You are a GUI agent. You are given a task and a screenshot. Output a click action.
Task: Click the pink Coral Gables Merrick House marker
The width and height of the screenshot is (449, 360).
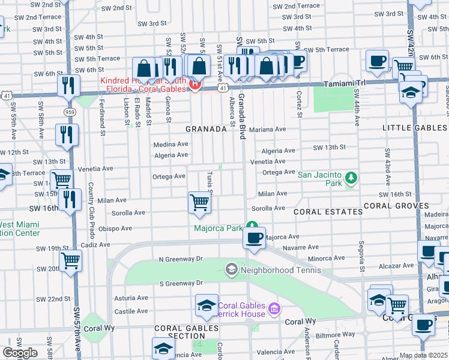tap(274, 308)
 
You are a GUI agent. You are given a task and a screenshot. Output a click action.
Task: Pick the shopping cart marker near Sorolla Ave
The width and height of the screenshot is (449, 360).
tap(199, 202)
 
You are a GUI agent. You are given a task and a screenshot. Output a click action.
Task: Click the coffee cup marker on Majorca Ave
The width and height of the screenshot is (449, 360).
tap(254, 238)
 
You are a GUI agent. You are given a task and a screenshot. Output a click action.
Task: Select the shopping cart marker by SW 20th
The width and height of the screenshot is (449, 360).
tap(71, 261)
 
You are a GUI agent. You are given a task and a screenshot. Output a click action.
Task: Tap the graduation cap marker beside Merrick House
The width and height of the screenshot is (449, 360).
tap(206, 305)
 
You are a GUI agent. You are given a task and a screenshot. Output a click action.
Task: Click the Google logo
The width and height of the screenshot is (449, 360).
tap(20, 353)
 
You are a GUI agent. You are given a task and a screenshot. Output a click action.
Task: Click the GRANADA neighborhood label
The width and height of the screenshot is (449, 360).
tap(206, 129)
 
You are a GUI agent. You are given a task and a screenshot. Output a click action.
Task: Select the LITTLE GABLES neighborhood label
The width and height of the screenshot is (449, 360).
tap(415, 128)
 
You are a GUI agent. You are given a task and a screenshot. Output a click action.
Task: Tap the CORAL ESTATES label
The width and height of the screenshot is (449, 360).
tap(328, 212)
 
